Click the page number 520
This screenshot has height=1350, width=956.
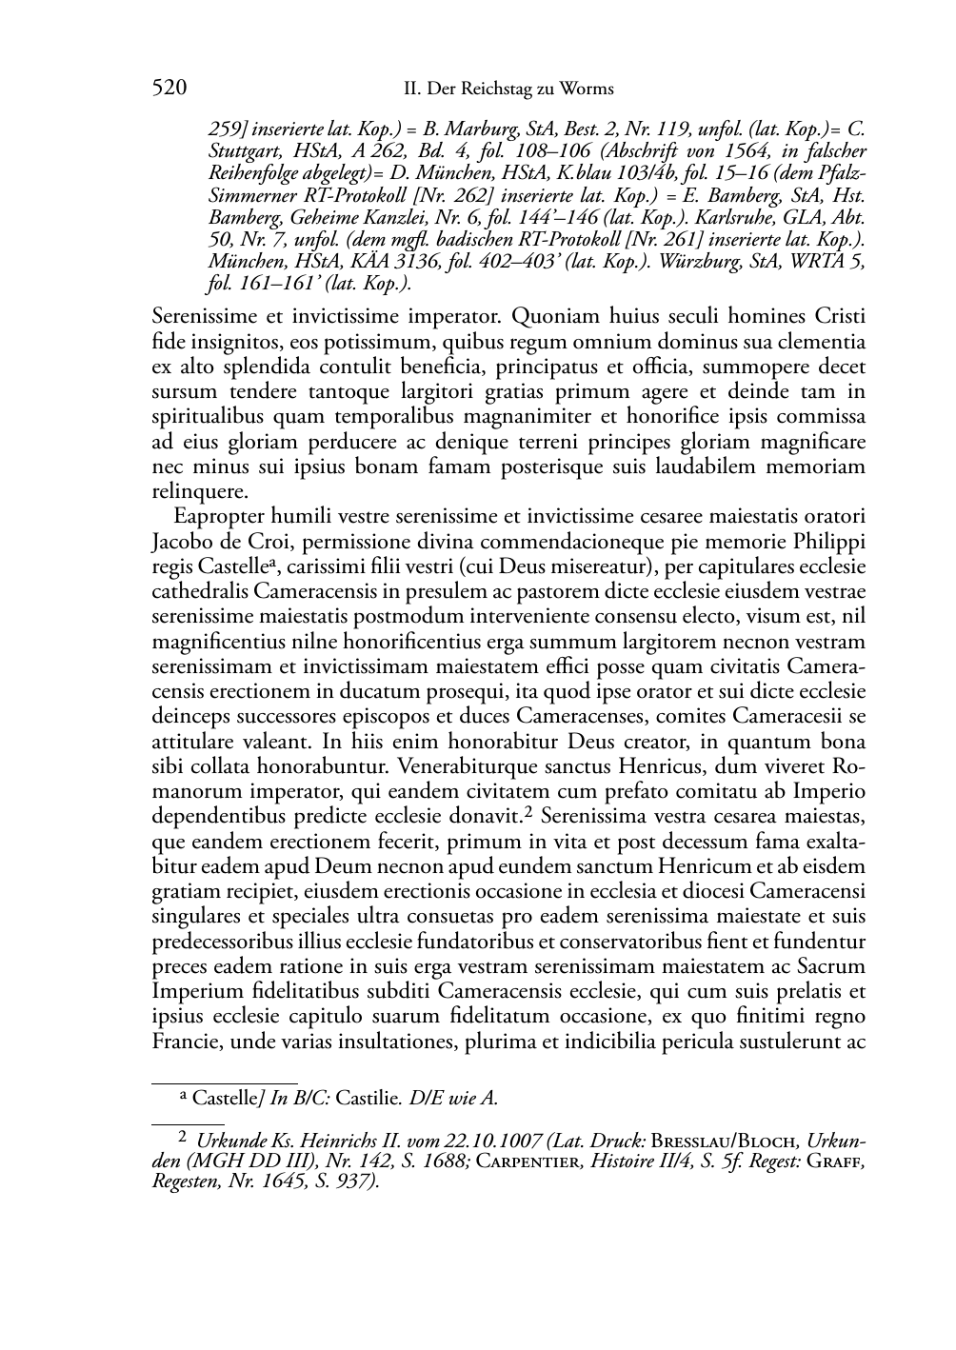click(x=169, y=89)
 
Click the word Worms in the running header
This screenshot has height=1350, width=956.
click(x=588, y=89)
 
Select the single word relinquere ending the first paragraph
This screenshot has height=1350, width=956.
click(x=200, y=491)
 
